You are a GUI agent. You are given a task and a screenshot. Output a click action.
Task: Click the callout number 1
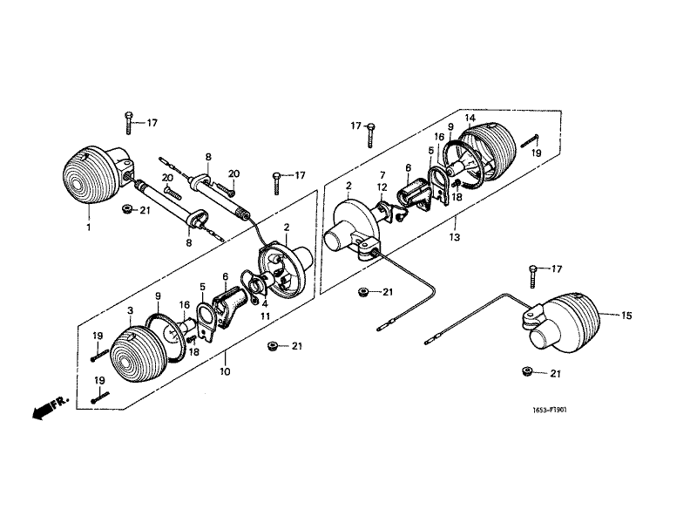click(89, 228)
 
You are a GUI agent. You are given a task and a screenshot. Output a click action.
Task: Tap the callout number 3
click(130, 310)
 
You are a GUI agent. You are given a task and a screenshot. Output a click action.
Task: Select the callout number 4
click(265, 304)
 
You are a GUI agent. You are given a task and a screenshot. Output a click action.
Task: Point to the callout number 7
click(382, 175)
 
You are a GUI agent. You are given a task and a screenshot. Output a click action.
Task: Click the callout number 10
click(225, 371)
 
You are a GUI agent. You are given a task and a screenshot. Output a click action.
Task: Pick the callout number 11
click(266, 316)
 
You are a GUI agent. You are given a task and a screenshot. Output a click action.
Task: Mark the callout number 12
click(382, 187)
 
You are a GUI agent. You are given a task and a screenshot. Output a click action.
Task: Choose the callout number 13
click(454, 237)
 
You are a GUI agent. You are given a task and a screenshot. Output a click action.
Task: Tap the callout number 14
click(470, 118)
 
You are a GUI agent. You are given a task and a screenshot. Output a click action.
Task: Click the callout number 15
click(626, 316)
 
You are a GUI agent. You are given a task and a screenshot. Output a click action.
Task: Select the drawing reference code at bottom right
click(550, 410)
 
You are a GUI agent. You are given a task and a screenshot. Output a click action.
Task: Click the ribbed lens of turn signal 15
click(573, 323)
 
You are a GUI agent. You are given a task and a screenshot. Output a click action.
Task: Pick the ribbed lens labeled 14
click(491, 150)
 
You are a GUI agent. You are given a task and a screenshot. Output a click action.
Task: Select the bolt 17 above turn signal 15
click(532, 276)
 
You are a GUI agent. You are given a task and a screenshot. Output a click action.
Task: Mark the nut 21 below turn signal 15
click(527, 371)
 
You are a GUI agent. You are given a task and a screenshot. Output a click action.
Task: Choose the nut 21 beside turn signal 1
click(127, 209)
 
